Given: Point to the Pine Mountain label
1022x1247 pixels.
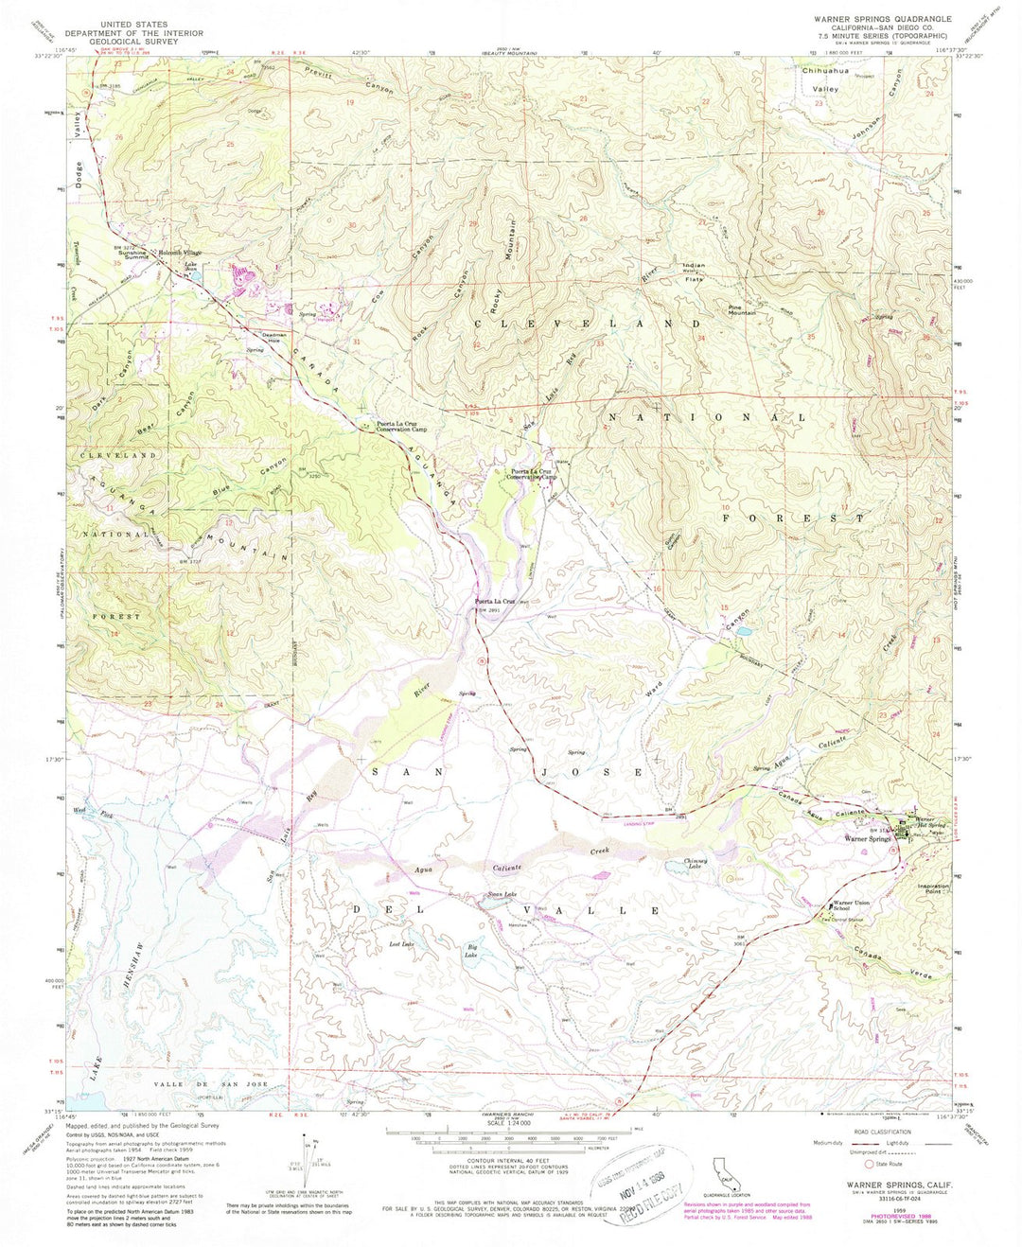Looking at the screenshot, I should pos(741,309).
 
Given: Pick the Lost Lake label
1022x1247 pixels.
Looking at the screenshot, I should pos(401,944).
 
